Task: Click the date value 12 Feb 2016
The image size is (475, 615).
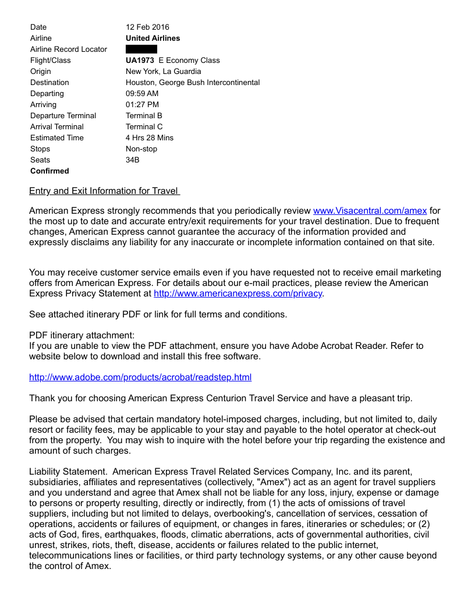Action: coord(147,27)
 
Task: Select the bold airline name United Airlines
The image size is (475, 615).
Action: coord(153,38)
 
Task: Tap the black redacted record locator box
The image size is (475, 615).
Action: coord(141,49)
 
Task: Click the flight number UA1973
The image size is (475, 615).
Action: coord(140,60)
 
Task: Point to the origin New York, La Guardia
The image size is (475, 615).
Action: coord(163,71)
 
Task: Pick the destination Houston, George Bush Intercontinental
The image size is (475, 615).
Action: coord(193,82)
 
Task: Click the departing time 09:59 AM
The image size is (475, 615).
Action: coord(142,93)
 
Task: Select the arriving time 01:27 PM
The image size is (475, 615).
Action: coord(142,104)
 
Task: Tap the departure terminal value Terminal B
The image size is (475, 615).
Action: coord(144,115)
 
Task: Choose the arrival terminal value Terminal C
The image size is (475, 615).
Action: coord(144,126)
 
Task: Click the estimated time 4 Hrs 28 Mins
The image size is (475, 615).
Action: coord(149,137)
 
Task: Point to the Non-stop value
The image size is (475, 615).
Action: coord(141,149)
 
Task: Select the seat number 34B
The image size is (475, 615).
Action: coord(132,160)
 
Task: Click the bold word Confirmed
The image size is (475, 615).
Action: coord(49,171)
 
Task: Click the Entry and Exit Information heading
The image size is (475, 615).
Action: coord(104,191)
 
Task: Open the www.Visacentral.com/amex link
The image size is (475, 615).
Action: coord(370,210)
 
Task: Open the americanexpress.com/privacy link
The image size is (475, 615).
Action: coord(238,294)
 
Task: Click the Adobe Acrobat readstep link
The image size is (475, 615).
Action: coord(140,377)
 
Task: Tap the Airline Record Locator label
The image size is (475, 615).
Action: coord(69,49)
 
